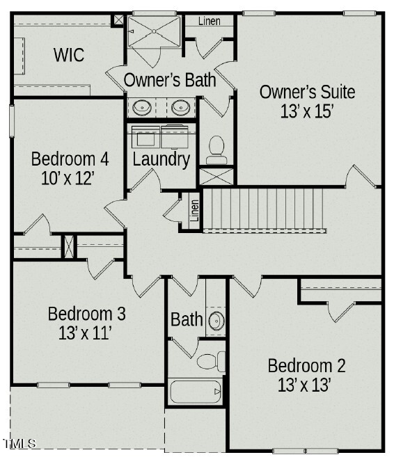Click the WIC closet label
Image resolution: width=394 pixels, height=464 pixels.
point(69,55)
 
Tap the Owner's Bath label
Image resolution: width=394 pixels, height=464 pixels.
point(170,80)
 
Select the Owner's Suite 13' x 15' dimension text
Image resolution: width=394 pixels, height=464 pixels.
point(307,109)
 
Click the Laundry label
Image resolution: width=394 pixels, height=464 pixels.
point(161,159)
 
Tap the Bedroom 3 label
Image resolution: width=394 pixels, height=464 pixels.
point(86,314)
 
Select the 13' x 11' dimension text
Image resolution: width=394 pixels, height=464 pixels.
point(86,333)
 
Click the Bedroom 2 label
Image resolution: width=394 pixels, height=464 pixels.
point(306,365)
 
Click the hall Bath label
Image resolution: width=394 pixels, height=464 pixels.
point(187,320)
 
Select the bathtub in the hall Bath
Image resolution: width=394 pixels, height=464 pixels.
point(196,392)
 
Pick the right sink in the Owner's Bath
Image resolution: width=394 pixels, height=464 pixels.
point(181,107)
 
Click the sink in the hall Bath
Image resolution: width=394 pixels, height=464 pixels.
point(216,321)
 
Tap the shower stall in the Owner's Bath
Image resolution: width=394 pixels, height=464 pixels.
point(154,31)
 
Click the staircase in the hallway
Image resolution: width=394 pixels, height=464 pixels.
point(265,209)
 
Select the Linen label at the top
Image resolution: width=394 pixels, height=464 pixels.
point(210,21)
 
